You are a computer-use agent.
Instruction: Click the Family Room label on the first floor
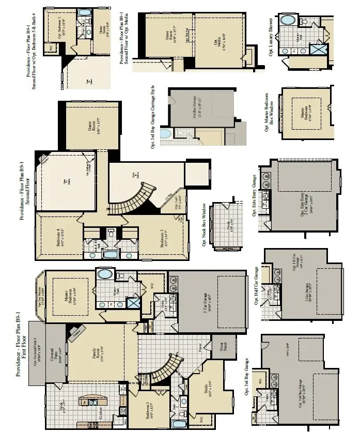[96, 357]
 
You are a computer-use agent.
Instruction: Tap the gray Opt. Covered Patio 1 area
[37, 353]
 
